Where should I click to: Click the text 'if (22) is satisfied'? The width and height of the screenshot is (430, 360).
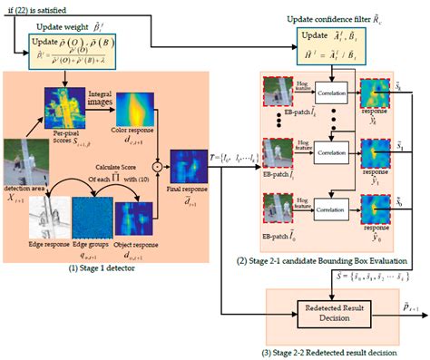pos(34,6)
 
